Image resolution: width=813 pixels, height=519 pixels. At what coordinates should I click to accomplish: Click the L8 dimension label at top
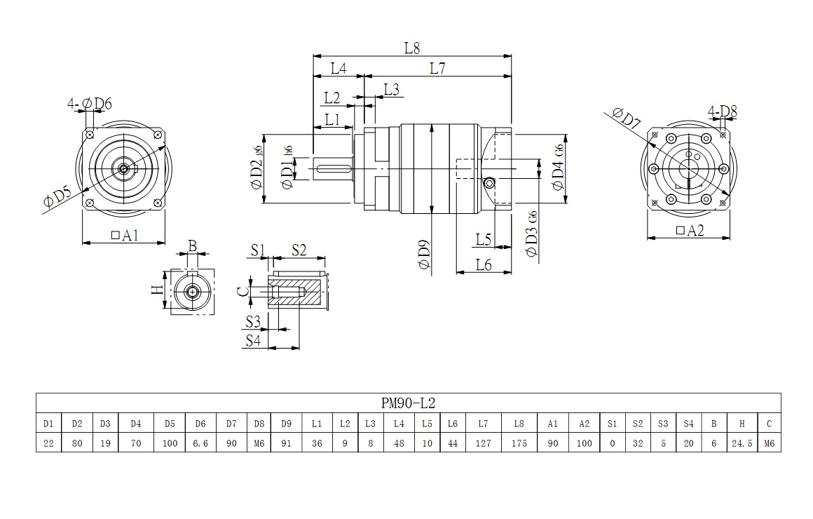(x=411, y=48)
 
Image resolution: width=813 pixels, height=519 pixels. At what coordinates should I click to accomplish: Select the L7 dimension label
(x=437, y=68)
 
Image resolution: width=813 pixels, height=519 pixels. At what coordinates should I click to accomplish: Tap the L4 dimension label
(x=339, y=68)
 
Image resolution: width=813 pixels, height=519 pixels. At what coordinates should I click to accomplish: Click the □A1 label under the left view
(x=124, y=236)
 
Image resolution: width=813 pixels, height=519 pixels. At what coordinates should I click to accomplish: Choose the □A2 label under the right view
(x=690, y=231)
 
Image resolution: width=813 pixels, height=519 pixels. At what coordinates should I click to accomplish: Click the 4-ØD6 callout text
(x=90, y=105)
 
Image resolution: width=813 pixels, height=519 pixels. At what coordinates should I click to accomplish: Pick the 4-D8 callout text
(x=722, y=112)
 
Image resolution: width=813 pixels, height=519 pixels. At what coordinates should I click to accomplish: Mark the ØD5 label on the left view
(x=53, y=198)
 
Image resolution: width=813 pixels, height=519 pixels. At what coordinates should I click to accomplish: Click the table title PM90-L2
(x=408, y=403)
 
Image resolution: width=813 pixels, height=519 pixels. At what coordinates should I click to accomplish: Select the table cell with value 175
(x=519, y=443)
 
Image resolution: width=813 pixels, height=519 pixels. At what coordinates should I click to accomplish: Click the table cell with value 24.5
(x=742, y=443)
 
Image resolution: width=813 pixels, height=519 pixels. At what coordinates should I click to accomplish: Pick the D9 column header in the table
(x=286, y=424)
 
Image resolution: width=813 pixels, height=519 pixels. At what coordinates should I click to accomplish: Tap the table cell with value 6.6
(x=200, y=443)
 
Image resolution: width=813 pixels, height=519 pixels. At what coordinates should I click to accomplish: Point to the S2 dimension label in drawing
(x=299, y=249)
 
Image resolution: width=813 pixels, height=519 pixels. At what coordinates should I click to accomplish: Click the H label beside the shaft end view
(x=158, y=290)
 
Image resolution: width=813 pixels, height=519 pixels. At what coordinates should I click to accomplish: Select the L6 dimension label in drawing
(x=484, y=264)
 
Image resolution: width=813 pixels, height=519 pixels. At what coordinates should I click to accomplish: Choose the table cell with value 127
(x=483, y=443)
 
